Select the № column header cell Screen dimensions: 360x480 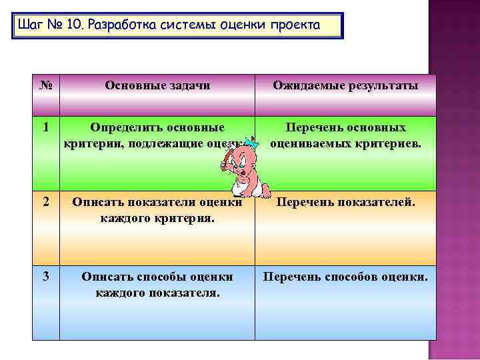click(46, 86)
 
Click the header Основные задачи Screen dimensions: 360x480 click(157, 86)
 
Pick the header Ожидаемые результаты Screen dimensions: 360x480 click(345, 86)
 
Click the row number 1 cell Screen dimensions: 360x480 click(46, 127)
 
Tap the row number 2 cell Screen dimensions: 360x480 click(46, 201)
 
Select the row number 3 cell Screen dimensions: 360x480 click(46, 276)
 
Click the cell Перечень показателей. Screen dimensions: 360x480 click(345, 201)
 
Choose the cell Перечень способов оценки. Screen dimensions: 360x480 click(345, 276)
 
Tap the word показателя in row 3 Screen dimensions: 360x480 click(181, 291)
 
